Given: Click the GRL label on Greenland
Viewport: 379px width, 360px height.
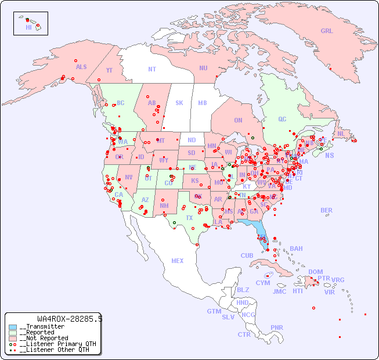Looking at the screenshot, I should click(327, 31).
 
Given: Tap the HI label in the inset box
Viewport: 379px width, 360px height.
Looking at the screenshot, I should click(28, 27).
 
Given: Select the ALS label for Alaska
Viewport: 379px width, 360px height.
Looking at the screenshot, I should click(81, 67).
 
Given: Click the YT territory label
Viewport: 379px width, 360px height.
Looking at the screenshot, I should click(109, 70).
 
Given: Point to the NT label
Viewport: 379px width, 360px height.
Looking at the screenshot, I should click(151, 69).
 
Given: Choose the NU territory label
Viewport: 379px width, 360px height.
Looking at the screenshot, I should click(203, 68).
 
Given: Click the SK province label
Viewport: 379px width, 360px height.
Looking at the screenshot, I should click(179, 103).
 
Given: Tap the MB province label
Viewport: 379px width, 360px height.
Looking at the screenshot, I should click(202, 103).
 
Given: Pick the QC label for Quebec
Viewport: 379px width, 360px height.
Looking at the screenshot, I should click(282, 119).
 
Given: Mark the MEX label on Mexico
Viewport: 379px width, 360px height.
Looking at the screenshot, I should click(178, 261).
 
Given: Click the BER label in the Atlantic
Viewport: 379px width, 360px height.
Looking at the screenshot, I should click(326, 210).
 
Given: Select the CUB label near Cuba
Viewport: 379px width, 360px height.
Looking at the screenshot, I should click(247, 255).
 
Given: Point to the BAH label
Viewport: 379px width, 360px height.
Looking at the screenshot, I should click(296, 249).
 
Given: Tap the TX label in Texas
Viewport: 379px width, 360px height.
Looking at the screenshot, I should click(189, 218).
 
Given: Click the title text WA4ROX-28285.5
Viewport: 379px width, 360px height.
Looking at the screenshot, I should click(70, 319).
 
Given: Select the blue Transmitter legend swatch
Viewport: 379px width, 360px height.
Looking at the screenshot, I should click(13, 327).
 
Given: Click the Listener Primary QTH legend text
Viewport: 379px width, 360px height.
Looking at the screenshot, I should click(57, 344).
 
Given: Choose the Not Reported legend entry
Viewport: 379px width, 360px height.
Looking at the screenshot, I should click(44, 338).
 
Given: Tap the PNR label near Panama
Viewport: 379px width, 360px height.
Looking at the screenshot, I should click(277, 327).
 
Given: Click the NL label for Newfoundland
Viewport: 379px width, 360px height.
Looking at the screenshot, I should click(341, 134).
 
